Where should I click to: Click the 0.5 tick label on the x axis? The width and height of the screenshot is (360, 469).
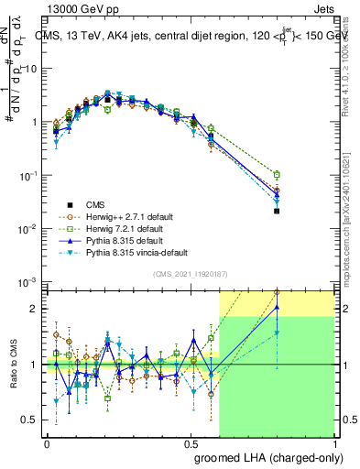191,441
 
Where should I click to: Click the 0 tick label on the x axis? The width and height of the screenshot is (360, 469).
47,441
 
